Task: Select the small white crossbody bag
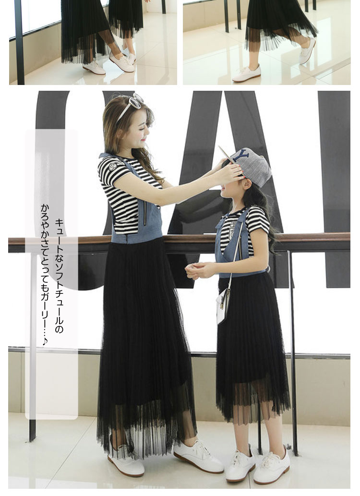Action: pyautogui.click(x=223, y=305)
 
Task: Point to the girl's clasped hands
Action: pyautogui.click(x=197, y=270)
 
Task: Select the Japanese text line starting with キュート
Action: pyautogui.click(x=59, y=275)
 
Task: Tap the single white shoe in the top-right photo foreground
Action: pyautogui.click(x=246, y=73)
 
